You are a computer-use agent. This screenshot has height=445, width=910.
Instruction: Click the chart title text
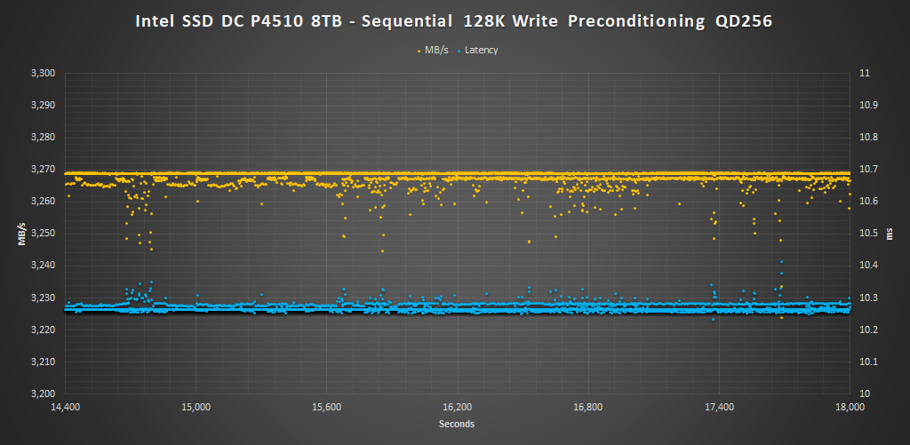click(x=454, y=20)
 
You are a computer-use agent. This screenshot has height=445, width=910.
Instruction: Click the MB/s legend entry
click(x=436, y=50)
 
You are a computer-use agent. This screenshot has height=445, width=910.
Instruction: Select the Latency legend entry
click(x=481, y=50)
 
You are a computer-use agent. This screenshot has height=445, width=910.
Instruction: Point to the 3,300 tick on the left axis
click(x=43, y=74)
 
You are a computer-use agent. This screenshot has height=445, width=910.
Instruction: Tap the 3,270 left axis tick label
click(x=43, y=170)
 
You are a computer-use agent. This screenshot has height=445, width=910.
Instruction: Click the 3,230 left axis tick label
click(x=43, y=298)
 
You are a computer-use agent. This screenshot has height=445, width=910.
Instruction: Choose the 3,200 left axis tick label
click(x=43, y=393)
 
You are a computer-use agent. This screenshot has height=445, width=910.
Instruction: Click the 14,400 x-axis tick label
click(x=66, y=408)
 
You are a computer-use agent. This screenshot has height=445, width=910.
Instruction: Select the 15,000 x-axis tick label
click(x=196, y=408)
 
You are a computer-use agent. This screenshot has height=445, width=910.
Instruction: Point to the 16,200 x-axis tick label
click(x=459, y=408)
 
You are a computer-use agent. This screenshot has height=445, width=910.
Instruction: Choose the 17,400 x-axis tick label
click(x=720, y=408)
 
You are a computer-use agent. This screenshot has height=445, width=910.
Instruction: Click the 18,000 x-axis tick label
click(x=850, y=408)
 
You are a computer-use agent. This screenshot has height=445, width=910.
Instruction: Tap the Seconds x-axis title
click(x=457, y=424)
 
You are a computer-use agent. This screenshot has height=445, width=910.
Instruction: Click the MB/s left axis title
click(x=20, y=234)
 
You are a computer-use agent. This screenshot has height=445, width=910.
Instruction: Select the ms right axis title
click(x=889, y=234)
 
